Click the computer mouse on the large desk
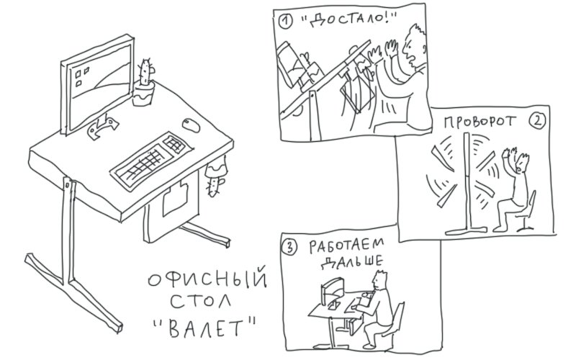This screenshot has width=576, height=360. pos(191,125)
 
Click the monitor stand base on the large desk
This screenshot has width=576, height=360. pos(102,127)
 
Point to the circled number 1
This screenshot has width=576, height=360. pos(285,22)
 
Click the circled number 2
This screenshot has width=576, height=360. pos(537,120)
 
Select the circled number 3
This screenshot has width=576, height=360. pos(289,246)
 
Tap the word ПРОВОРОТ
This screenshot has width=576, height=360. pos(480,122)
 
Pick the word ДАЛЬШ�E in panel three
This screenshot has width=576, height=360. pos(351,261)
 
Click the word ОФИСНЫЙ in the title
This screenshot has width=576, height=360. pos(207,279)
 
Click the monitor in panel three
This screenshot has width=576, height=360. pos(332,290)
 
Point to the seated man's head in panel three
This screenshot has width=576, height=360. pos(379,280)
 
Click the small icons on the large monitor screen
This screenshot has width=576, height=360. pos(81,76)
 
